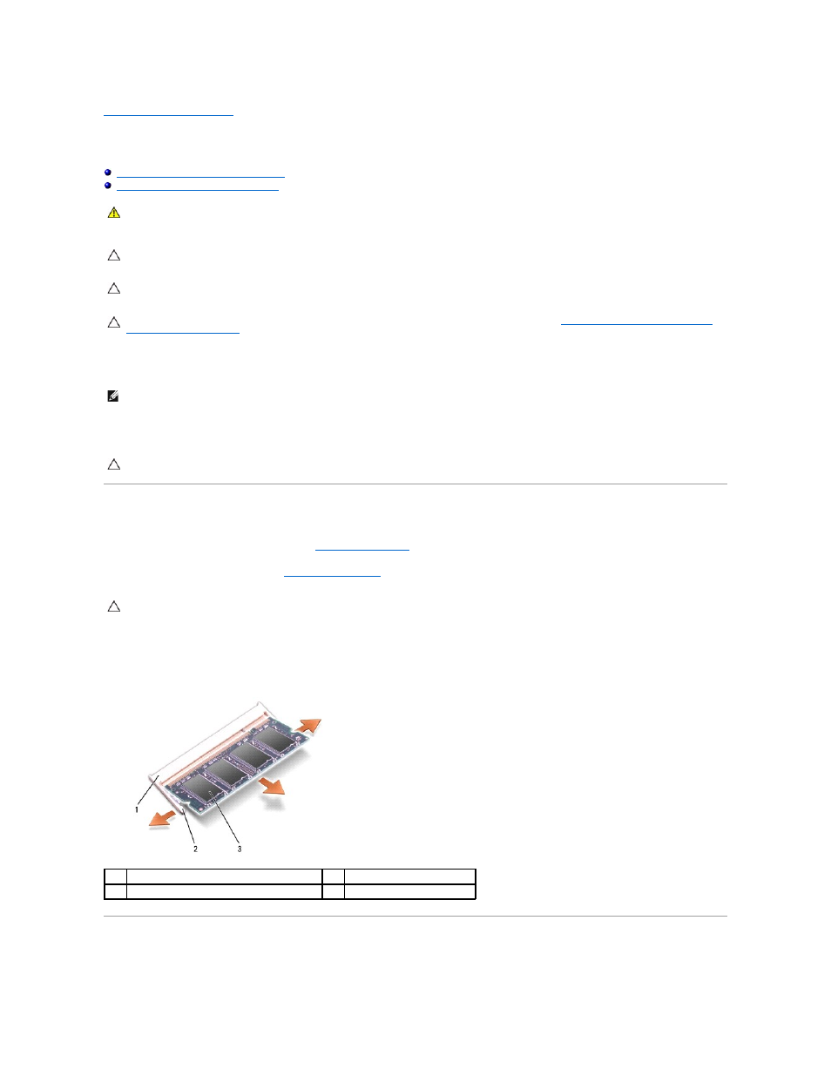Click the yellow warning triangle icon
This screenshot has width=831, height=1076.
click(x=114, y=213)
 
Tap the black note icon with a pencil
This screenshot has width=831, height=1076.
click(x=113, y=396)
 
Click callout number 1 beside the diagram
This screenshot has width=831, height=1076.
click(x=137, y=809)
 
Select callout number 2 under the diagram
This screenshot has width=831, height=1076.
click(x=195, y=849)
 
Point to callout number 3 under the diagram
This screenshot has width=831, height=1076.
click(x=240, y=849)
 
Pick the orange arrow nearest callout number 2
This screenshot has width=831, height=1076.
click(x=162, y=819)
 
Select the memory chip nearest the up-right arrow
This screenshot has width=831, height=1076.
click(x=274, y=740)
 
